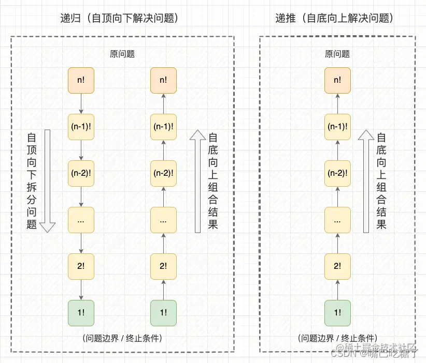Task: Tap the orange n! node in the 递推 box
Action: tap(337, 80)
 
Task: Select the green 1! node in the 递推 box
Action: tap(337, 312)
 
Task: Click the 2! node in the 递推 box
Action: tap(337, 266)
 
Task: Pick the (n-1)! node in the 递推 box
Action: tap(337, 126)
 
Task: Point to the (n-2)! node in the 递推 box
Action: tap(337, 173)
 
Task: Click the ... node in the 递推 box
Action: tap(337, 219)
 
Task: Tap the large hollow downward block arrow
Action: tap(48, 180)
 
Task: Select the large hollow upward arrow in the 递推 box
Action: tap(366, 180)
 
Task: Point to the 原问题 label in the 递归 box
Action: tap(122, 54)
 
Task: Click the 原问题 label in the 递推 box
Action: tap(337, 54)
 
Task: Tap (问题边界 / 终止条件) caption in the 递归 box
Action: tap(122, 338)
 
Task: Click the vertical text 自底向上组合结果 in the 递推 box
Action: tap(381, 180)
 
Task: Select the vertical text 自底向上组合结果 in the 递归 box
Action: tap(212, 180)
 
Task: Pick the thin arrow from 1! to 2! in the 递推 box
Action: tap(337, 289)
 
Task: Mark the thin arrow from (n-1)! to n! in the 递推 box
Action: tap(337, 103)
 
